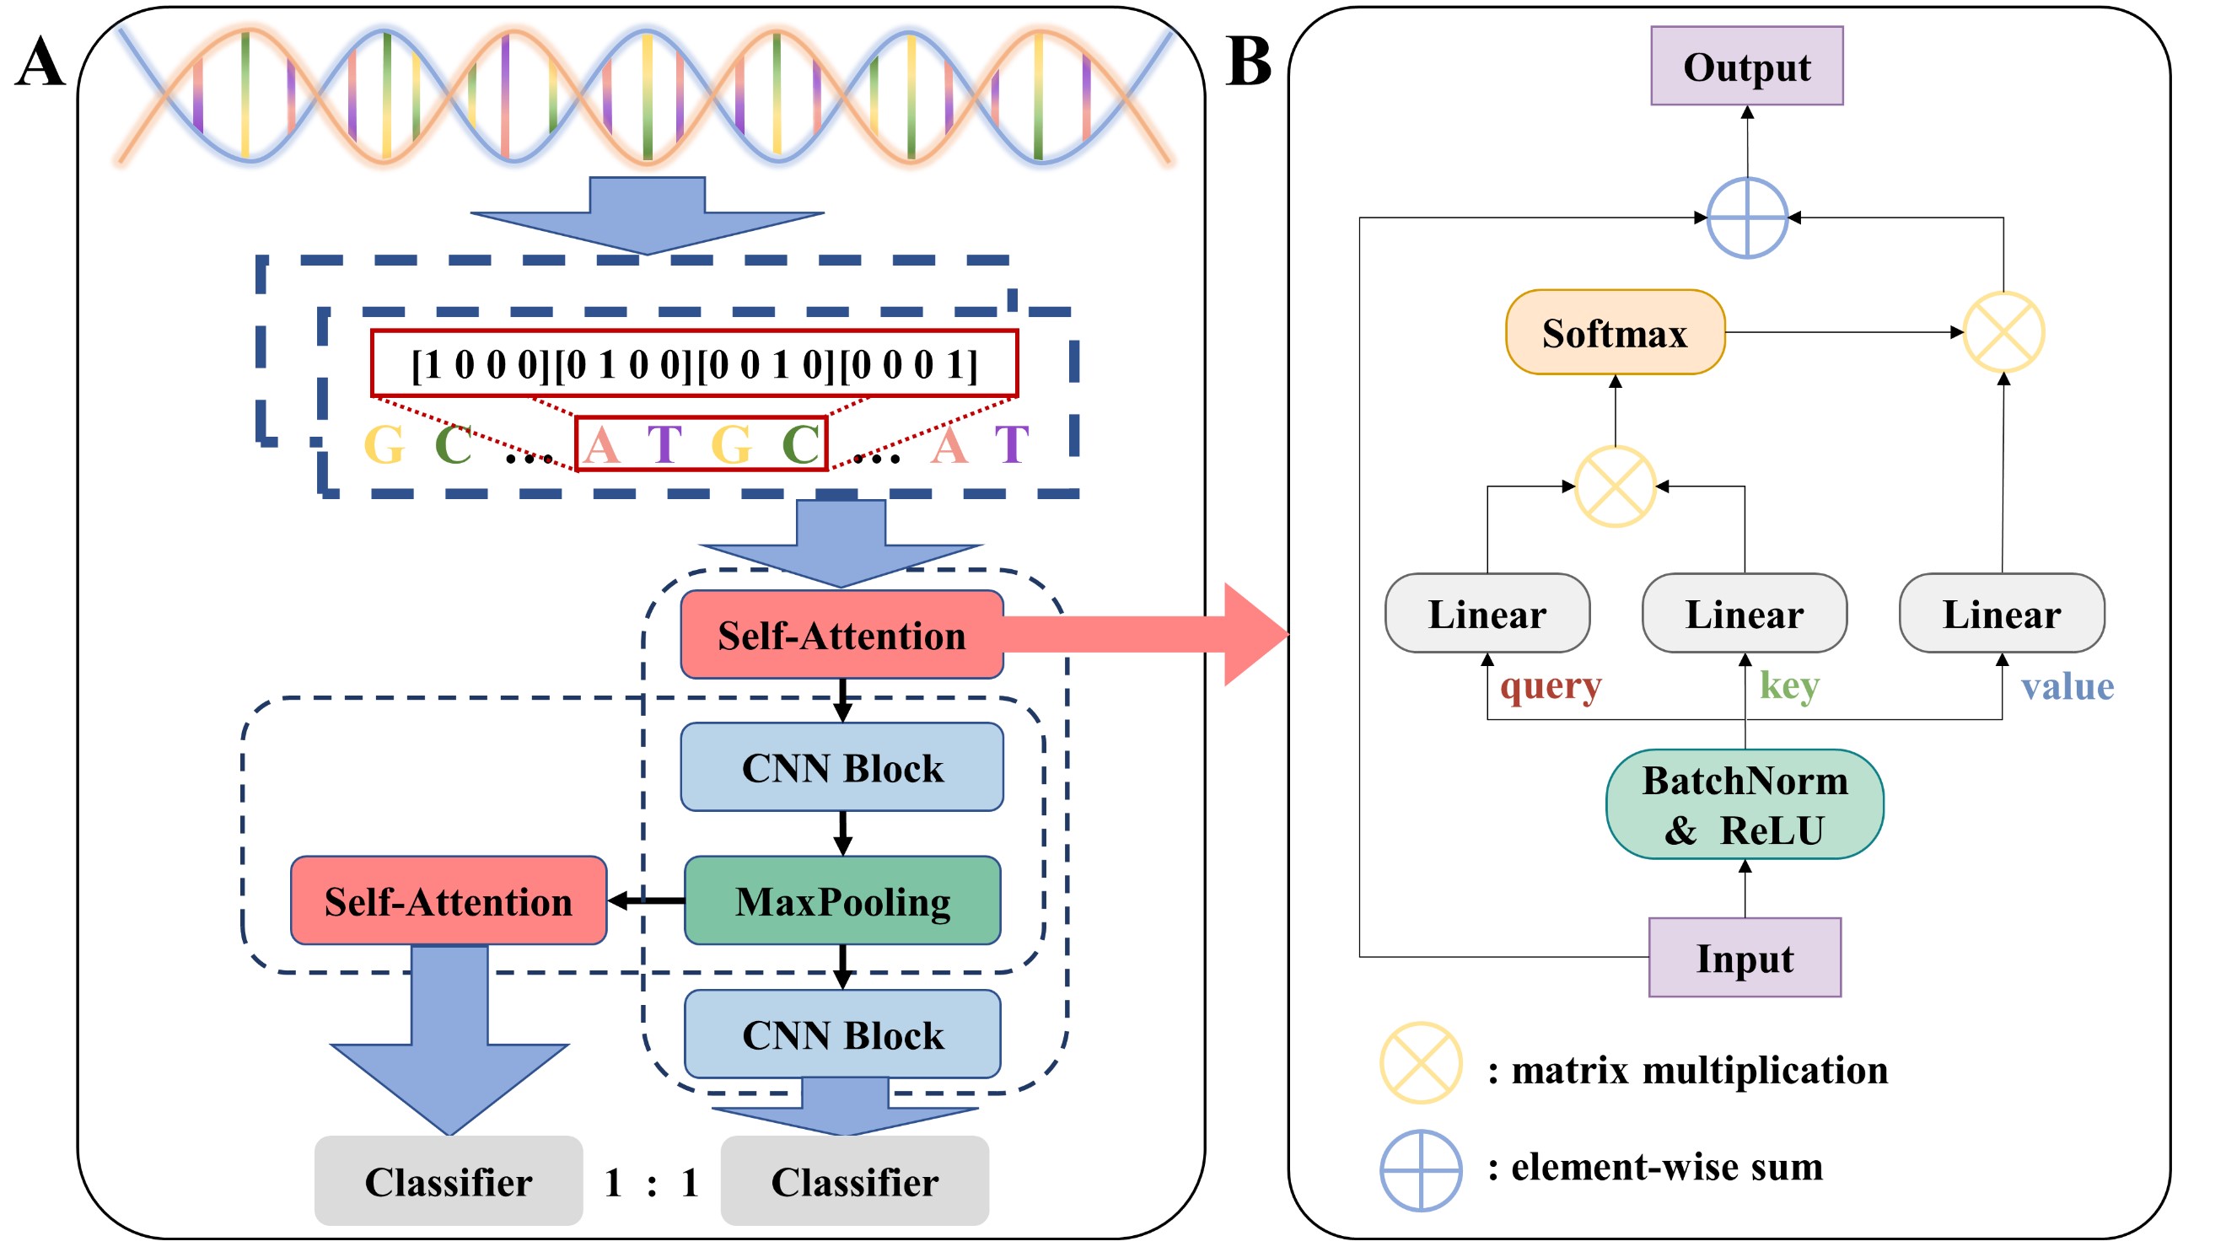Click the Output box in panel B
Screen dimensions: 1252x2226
coord(1745,66)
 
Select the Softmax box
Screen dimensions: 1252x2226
coord(1614,333)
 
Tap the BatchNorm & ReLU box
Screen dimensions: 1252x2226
coord(1744,804)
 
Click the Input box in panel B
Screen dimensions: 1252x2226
coord(1744,958)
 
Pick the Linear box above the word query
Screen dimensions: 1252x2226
coord(1487,614)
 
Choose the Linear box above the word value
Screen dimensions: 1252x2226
coord(2002,614)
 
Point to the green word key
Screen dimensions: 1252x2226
coord(1788,686)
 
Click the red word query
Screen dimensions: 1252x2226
coord(1551,687)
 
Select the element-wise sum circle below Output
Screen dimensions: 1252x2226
coord(1746,218)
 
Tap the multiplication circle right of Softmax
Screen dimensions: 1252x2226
coord(2003,333)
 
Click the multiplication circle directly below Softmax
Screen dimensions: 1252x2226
coord(1614,486)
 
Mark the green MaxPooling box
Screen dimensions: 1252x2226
coord(842,900)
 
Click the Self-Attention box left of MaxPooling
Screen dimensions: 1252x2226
coord(449,900)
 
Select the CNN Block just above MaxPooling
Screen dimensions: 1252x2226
coord(842,767)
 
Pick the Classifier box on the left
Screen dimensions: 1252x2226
coord(449,1181)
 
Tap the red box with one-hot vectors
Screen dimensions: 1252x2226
coord(694,363)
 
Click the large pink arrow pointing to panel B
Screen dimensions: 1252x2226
coord(1149,634)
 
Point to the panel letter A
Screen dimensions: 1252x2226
coord(40,62)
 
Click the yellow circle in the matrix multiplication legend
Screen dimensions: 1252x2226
coord(1420,1064)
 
